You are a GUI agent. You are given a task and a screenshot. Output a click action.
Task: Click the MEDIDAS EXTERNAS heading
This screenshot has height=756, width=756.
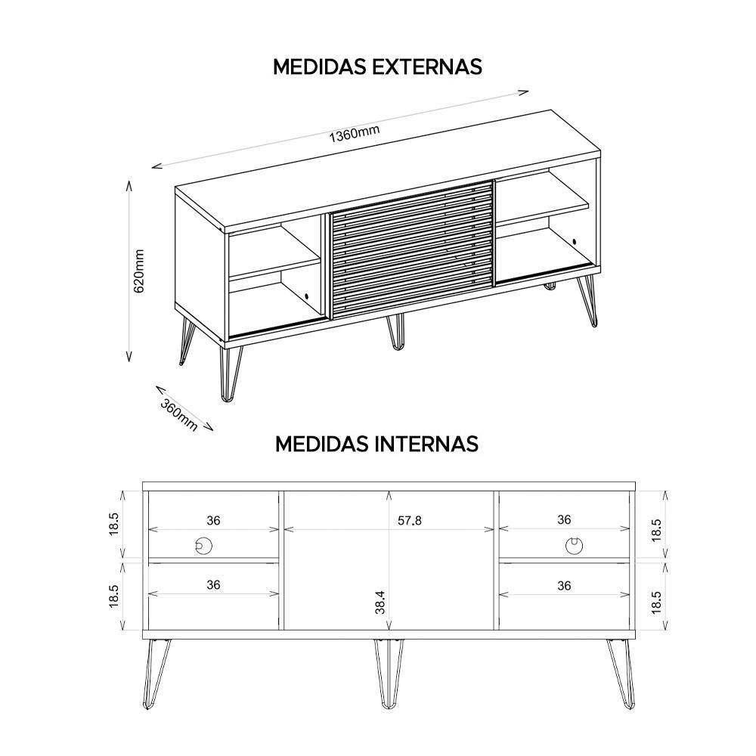tap(377, 67)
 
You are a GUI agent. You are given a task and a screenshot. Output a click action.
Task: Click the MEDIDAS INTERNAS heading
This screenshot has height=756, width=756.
tap(376, 443)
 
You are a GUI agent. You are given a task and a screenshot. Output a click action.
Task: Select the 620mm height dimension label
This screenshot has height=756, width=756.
tap(138, 271)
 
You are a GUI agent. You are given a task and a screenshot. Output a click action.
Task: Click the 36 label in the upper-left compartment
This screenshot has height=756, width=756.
tap(213, 520)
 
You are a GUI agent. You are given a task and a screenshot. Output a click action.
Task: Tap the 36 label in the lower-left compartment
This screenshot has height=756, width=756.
tap(213, 584)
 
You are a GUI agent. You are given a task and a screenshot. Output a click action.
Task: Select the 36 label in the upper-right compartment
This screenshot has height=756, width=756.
tap(564, 520)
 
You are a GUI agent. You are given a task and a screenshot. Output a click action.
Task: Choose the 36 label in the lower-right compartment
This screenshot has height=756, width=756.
tap(564, 584)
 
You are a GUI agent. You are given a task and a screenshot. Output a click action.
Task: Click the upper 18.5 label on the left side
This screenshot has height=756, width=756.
tap(114, 523)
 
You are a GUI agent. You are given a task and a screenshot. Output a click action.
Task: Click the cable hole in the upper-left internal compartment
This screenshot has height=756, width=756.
tap(203, 544)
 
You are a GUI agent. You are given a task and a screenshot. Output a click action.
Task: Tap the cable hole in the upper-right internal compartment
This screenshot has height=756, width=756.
tap(574, 544)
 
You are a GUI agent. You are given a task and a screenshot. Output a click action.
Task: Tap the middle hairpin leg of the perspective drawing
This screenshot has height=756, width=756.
tap(397, 333)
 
